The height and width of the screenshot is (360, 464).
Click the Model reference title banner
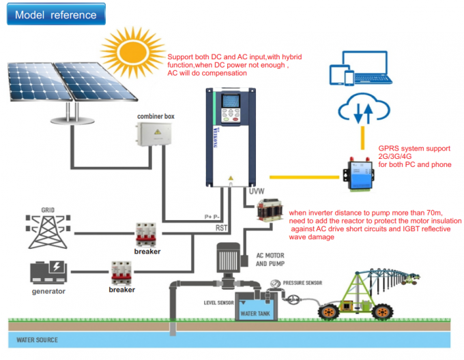[56, 14]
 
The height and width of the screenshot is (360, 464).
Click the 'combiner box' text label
[156, 117]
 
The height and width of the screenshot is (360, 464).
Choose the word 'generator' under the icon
[48, 291]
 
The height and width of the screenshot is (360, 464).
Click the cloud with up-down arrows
[363, 110]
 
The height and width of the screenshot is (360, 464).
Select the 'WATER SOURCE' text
[38, 340]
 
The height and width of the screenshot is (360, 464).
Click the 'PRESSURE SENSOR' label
[303, 282]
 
